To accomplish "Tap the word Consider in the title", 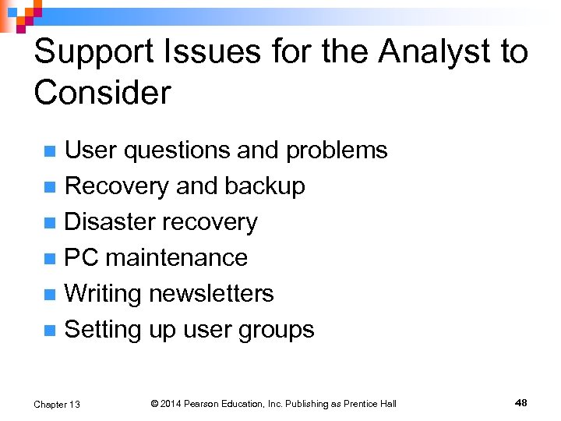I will coord(102,94).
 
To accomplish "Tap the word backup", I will coord(265,186).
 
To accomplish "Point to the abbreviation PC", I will coord(81,258).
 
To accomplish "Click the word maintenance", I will coord(176,258).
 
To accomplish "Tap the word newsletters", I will coord(211,294).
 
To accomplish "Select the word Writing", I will coord(103,294).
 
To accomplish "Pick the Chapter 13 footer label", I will coord(57,404).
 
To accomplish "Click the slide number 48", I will coord(521,402).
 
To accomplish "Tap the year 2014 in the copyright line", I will coord(171,404).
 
